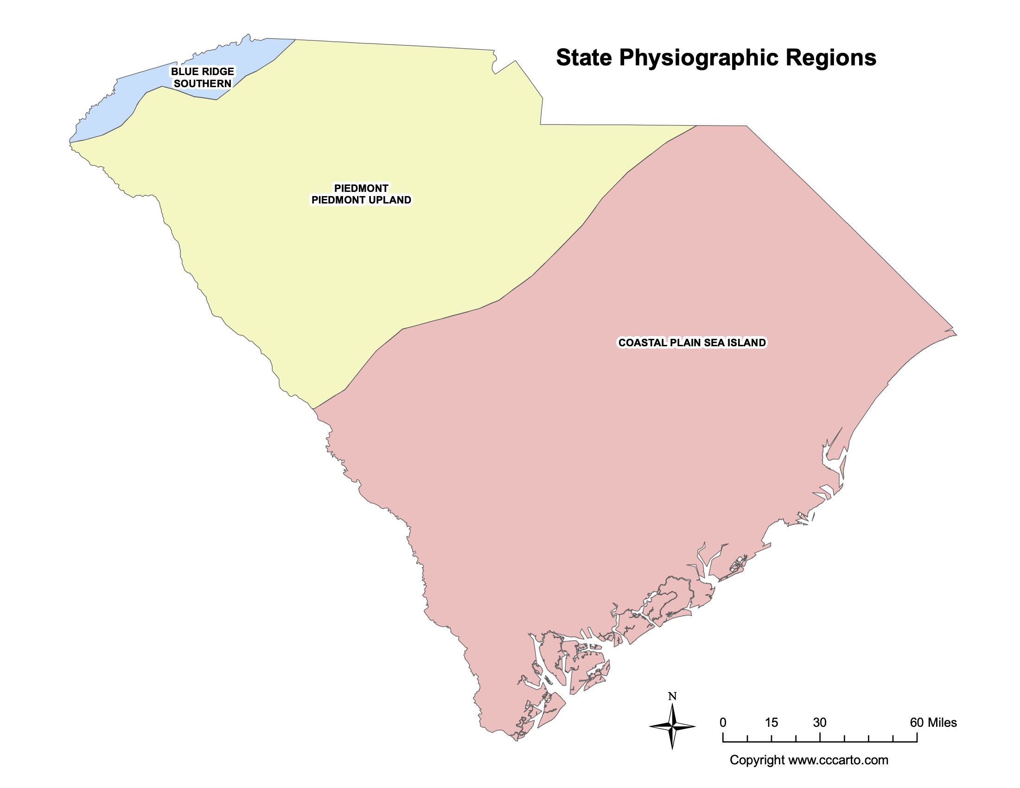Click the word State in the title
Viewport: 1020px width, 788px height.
pos(583,58)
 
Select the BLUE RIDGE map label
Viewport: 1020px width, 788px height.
pos(202,71)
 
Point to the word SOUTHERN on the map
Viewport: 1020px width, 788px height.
pos(202,83)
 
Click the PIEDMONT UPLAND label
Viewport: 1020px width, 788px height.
pos(361,200)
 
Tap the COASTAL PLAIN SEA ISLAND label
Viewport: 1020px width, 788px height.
pos(692,343)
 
